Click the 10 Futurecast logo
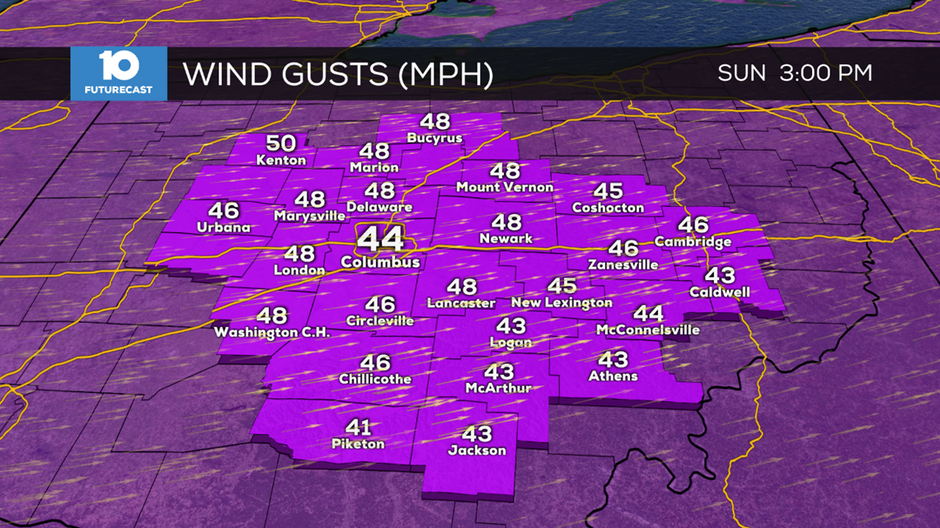[118, 73]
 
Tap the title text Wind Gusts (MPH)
[337, 74]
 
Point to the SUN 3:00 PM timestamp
[794, 72]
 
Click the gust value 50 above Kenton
[281, 143]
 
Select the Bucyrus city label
[434, 138]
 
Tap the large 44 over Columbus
[380, 240]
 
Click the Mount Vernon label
[505, 188]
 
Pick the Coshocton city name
[608, 208]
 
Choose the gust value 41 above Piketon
[358, 428]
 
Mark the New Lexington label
[562, 303]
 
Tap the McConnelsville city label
[647, 330]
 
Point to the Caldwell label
[719, 292]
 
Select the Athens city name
[613, 376]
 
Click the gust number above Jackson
[477, 433]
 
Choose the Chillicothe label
[374, 380]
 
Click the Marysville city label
[310, 217]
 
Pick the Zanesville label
[623, 265]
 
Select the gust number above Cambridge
[693, 224]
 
